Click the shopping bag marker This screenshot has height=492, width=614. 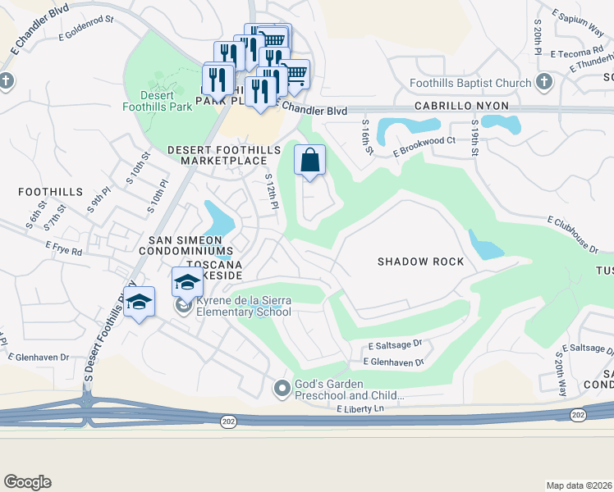[x=310, y=161]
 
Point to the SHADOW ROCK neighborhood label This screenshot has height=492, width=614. [x=420, y=262]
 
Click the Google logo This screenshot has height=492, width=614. [x=27, y=481]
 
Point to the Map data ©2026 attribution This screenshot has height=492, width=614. [x=579, y=485]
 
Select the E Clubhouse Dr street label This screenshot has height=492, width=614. [x=573, y=230]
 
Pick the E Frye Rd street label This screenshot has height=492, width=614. [x=64, y=248]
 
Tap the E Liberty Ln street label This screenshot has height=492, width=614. [x=360, y=409]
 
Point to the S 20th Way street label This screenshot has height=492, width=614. [x=561, y=374]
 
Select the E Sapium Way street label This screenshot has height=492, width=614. [x=578, y=26]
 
